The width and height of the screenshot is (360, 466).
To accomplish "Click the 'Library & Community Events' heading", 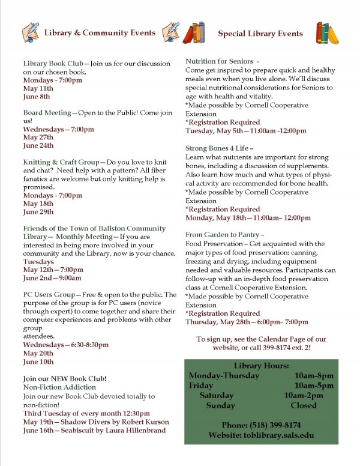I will tap(100, 32).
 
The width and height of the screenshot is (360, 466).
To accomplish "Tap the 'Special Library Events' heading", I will tap(260, 33).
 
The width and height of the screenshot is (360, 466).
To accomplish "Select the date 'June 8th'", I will tap(37, 96).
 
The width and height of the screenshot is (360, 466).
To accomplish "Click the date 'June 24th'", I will tap(38, 145).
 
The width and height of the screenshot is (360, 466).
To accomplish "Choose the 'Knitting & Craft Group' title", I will tap(62, 162).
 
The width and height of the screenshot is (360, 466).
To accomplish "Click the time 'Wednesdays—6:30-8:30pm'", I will tap(66, 345).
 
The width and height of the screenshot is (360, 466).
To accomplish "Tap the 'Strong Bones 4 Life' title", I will tap(218, 147).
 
